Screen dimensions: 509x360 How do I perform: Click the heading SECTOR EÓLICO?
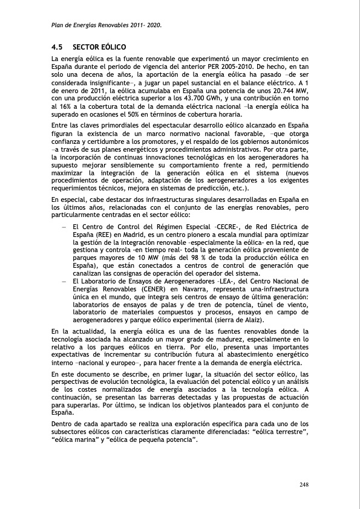(99, 47)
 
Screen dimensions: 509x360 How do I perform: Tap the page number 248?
(305, 484)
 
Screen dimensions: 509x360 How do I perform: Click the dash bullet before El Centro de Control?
(64, 226)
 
